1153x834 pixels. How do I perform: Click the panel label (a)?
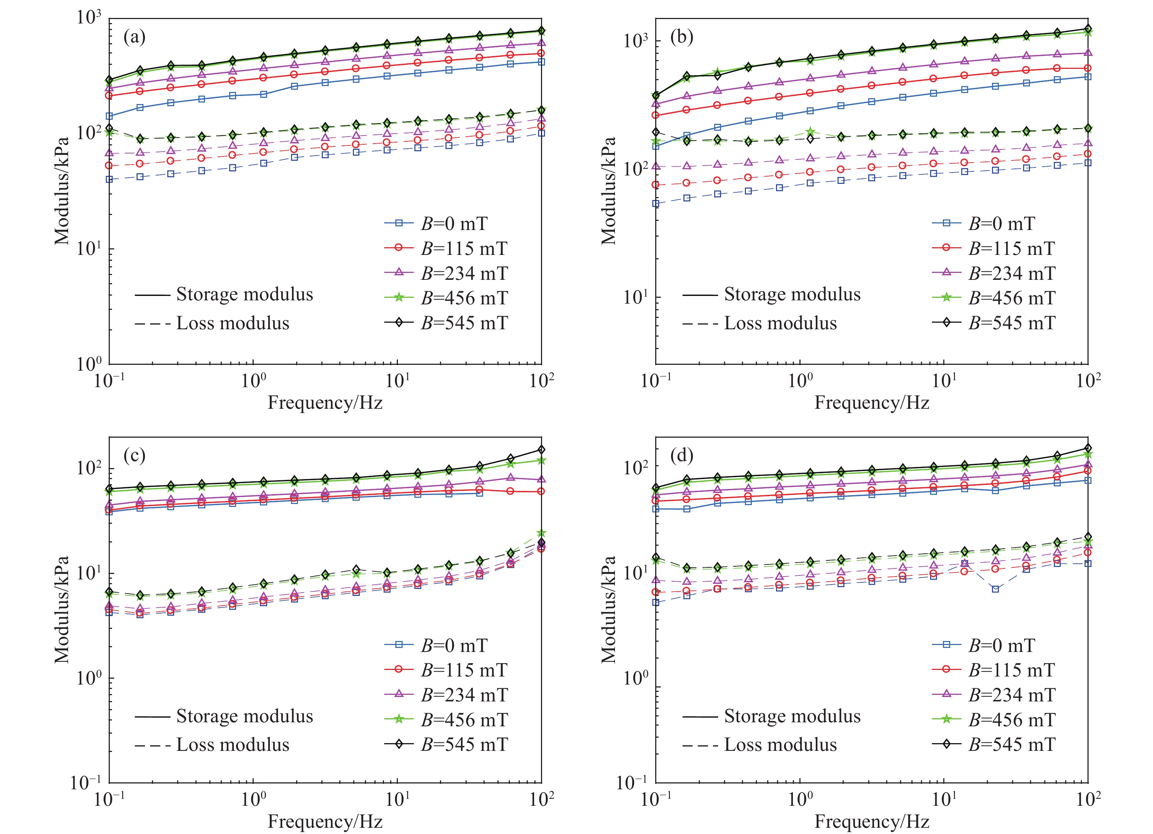[x=134, y=37]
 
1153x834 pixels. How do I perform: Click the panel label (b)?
[x=681, y=37]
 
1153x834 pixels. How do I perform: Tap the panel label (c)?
[x=134, y=455]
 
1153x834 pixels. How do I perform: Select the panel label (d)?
[x=681, y=455]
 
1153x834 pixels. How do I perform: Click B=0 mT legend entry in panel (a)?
[x=454, y=223]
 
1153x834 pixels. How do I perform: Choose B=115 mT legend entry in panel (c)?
[x=464, y=670]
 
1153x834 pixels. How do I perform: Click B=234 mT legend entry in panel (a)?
[x=464, y=273]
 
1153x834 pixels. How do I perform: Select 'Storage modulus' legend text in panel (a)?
[x=244, y=294]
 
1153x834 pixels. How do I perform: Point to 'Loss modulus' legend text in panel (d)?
[x=780, y=745]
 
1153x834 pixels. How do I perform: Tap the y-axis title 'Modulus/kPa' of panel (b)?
[x=608, y=190]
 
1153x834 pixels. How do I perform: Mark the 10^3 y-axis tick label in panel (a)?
[x=89, y=17]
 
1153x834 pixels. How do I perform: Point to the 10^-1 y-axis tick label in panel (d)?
[x=633, y=783]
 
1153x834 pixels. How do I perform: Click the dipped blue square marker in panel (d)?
[x=995, y=589]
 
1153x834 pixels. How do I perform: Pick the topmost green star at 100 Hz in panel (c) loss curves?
[x=541, y=533]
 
